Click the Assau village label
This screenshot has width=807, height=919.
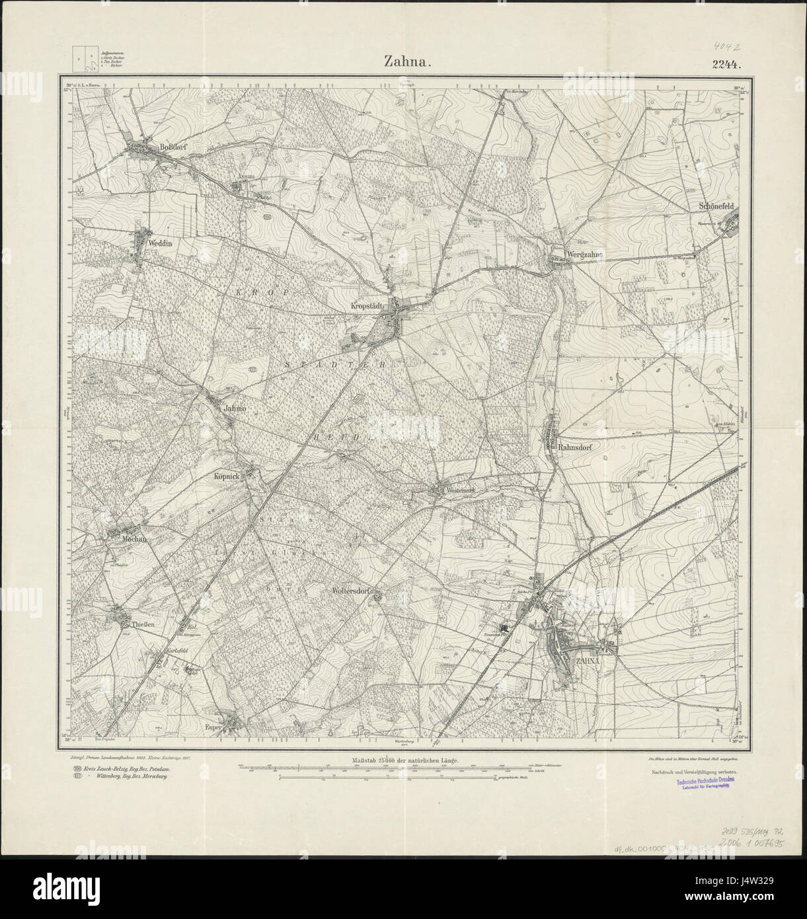246,177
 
